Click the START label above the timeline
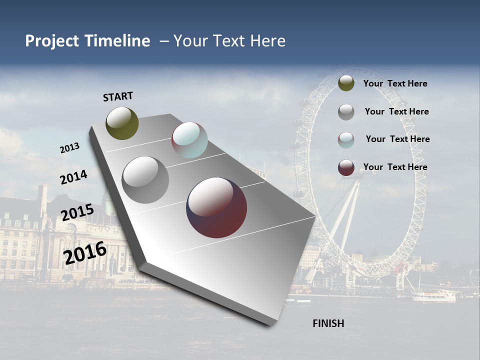point(118,96)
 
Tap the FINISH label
point(328,323)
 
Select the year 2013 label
point(69,148)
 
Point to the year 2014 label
point(73,177)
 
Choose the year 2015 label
point(77,212)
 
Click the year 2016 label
point(85,253)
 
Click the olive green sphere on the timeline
point(122,123)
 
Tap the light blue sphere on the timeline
point(189,140)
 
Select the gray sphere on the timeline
point(145,180)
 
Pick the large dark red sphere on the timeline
point(216,207)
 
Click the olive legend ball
point(346,83)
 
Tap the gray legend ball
point(346,112)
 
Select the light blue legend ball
point(346,140)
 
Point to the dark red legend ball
point(346,167)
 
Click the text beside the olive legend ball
point(395,83)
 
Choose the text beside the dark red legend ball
point(395,167)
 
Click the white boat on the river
point(433,296)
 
